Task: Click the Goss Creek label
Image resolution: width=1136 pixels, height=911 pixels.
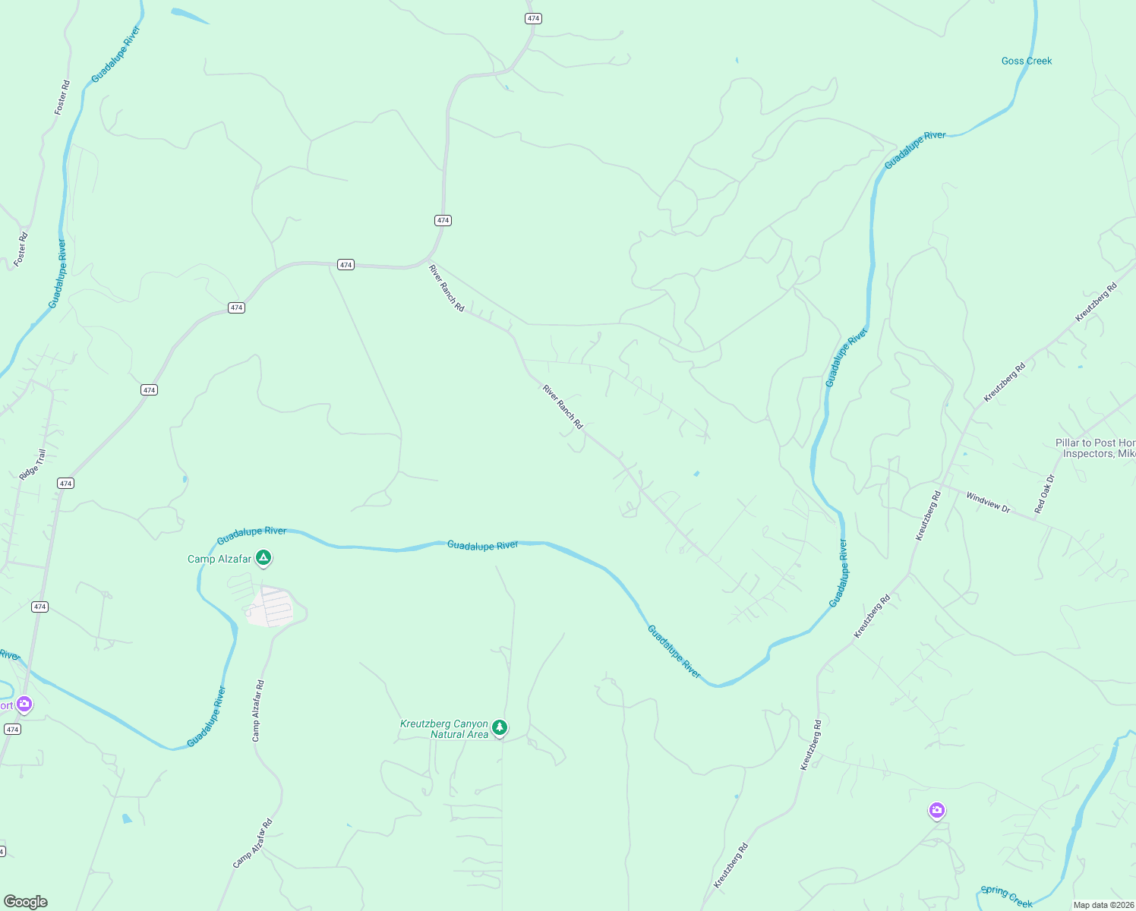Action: coord(1026,61)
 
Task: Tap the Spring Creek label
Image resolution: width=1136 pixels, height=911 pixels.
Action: coord(1006,896)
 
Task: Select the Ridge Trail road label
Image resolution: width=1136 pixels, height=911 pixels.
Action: coord(33,465)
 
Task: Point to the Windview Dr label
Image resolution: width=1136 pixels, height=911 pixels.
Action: coord(988,503)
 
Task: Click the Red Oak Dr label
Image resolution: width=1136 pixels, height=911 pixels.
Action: coord(1045,493)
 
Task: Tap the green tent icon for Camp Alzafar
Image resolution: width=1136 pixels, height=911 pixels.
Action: coord(263,559)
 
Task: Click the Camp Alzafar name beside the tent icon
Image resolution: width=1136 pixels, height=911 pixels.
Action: coord(219,560)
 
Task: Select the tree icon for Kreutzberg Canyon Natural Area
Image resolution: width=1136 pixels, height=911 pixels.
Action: coord(500,728)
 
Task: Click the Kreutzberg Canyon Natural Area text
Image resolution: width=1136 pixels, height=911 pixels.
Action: coord(444,730)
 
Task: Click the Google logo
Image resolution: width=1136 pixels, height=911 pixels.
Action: coord(26,902)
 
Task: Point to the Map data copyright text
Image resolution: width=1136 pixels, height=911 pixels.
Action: coord(1103,905)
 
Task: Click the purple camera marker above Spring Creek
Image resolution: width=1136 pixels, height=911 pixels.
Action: coord(937,811)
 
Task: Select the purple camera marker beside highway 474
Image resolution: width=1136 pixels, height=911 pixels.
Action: coord(24,705)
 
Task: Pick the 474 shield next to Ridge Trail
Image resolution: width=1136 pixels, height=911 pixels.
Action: coord(66,484)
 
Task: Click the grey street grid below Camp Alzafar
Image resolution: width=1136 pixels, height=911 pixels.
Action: coord(270,607)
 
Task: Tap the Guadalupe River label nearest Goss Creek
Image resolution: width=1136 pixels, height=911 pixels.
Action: coord(915,150)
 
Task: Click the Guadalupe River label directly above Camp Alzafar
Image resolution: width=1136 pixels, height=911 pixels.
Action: coord(252,536)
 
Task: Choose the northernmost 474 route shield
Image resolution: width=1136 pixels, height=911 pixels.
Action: coord(533,18)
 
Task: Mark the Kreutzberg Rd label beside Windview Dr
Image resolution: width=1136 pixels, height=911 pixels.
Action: coord(928,516)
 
